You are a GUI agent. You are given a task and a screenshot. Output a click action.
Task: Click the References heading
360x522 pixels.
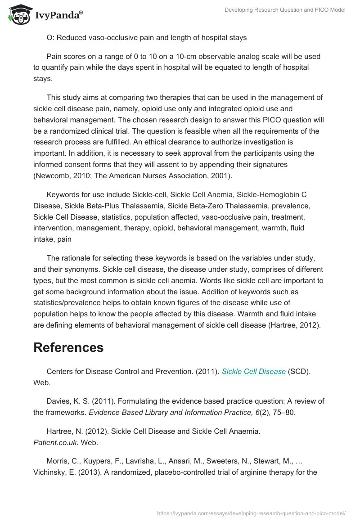[68, 347]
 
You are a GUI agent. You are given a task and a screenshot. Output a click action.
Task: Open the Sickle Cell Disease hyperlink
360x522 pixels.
[254, 371]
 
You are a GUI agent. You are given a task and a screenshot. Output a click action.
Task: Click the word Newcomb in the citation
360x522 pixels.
[53, 175]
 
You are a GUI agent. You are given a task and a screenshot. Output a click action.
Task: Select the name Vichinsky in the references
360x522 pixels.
[51, 472]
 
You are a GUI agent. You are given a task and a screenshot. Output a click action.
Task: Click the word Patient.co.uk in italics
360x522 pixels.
[56, 442]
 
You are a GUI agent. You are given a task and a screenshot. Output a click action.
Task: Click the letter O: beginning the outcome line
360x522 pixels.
[50, 37]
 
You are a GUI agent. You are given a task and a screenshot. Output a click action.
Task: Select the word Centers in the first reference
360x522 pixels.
[60, 371]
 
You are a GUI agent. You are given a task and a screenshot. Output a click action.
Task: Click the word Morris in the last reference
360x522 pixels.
[58, 461]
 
